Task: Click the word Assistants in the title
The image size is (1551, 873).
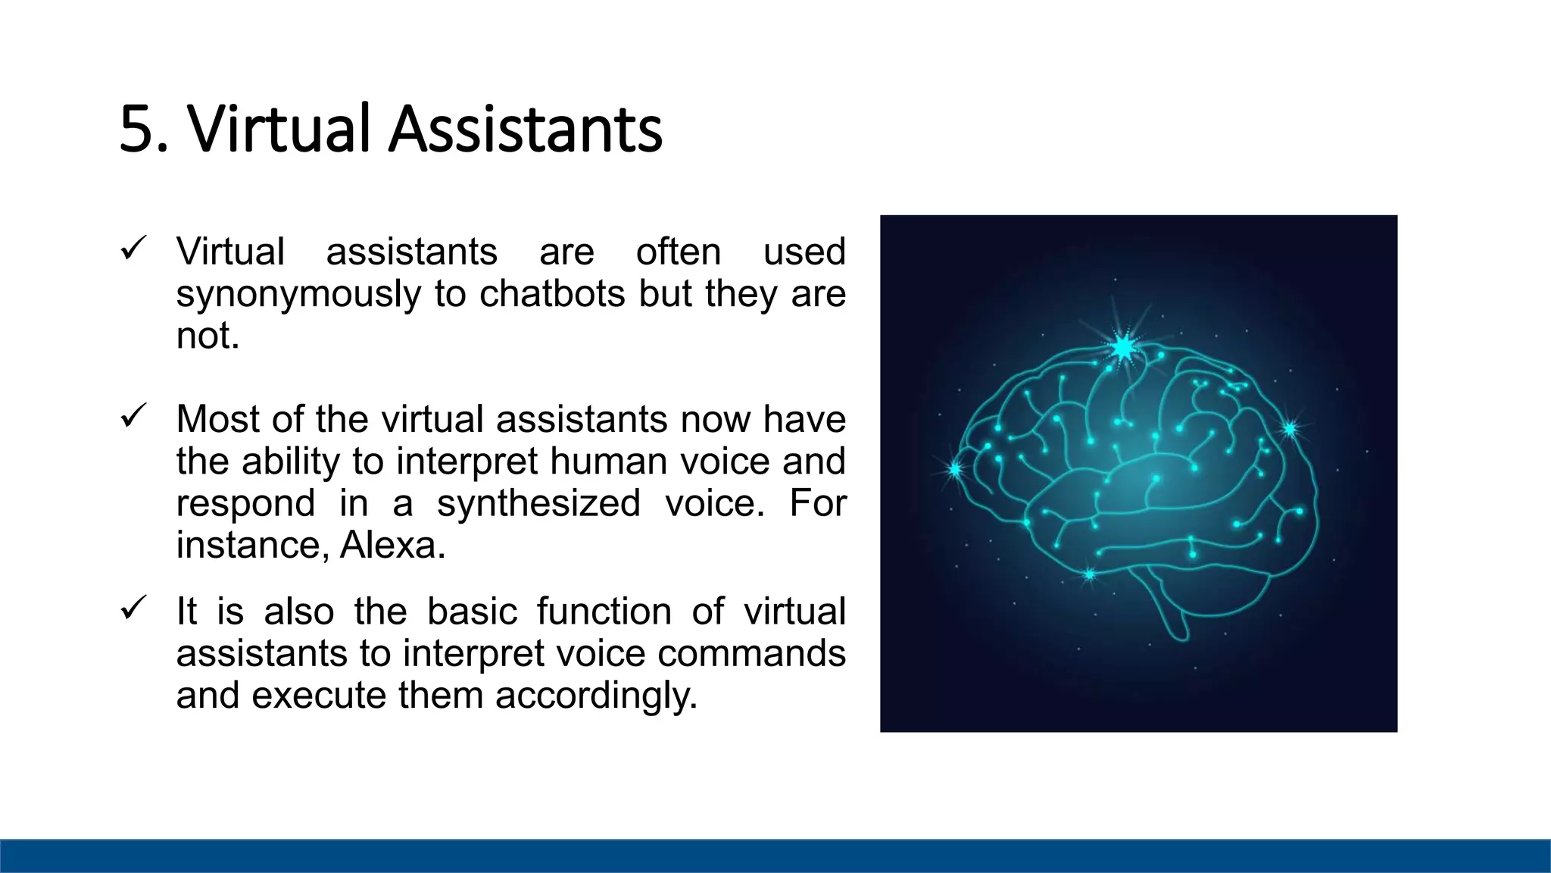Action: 526,130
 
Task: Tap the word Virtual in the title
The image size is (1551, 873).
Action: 279,130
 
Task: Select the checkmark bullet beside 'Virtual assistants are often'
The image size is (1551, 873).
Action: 133,248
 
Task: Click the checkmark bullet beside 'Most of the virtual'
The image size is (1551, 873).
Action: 133,415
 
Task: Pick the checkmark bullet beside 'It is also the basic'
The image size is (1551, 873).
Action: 133,608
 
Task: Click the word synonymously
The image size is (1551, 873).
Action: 298,295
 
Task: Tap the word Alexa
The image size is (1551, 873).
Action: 392,545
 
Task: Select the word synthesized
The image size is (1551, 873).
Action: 538,503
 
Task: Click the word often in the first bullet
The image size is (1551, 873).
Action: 678,252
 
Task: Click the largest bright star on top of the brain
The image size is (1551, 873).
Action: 1123,348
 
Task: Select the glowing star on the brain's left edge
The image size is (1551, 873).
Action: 955,470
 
